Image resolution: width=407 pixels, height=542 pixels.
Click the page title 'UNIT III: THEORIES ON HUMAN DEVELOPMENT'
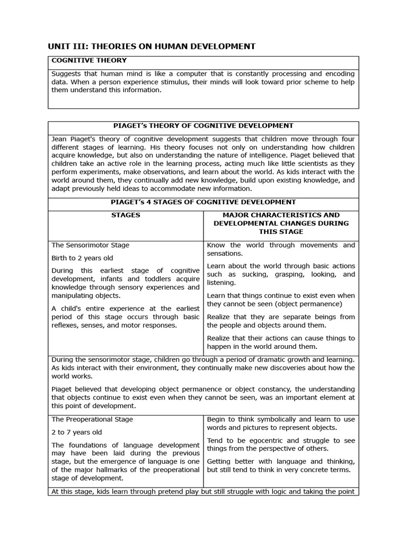click(x=152, y=47)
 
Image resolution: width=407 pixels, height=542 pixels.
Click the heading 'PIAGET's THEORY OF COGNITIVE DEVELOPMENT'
click(x=203, y=126)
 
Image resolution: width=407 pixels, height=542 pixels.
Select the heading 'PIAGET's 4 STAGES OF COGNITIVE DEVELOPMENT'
click(x=203, y=202)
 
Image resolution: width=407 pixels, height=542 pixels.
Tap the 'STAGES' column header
click(x=126, y=215)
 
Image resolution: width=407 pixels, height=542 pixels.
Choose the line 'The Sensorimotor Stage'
click(x=90, y=246)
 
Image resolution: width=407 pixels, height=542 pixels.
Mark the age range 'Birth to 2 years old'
click(x=82, y=258)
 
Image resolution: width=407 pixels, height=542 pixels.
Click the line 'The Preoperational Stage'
click(x=92, y=419)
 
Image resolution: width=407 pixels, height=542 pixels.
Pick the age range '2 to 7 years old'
click(x=76, y=432)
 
